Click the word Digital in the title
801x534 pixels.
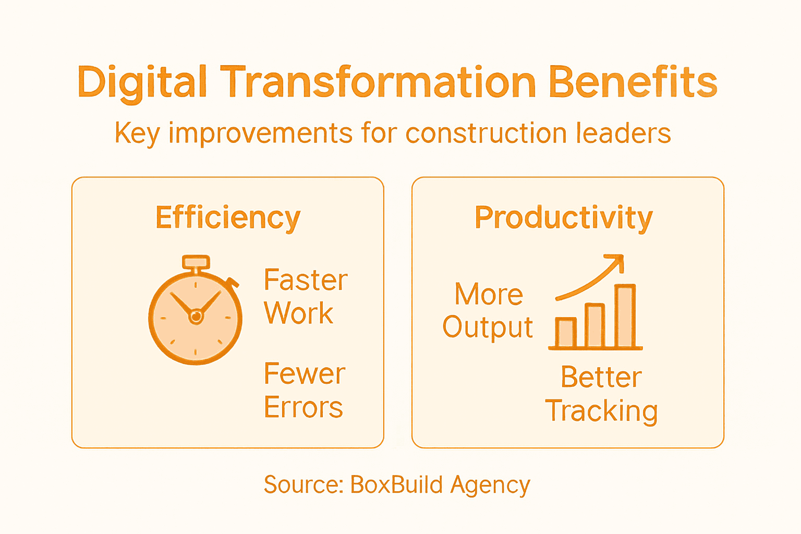click(142, 82)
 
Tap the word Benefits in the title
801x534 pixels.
click(633, 82)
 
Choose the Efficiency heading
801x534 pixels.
click(228, 217)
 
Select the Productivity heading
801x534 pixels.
click(563, 217)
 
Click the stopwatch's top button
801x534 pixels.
click(196, 262)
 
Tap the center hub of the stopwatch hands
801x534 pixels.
click(196, 316)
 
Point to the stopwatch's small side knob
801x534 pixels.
click(233, 283)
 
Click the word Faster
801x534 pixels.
click(306, 280)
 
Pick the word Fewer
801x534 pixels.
click(305, 374)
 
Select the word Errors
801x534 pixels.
click(304, 407)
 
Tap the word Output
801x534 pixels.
click(488, 327)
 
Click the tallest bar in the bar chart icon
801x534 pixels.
click(625, 316)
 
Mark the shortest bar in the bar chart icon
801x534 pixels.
click(566, 332)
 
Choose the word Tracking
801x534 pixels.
click(601, 411)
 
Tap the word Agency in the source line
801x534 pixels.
click(490, 486)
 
